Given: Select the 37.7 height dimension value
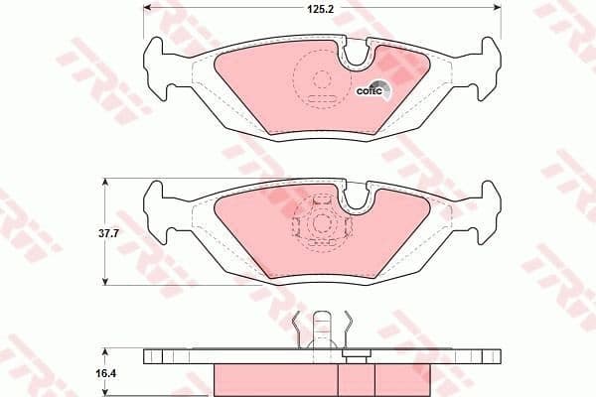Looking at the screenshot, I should (x=83, y=234).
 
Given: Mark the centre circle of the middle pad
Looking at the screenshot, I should (x=321, y=224).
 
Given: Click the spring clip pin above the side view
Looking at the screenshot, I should (x=322, y=330).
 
